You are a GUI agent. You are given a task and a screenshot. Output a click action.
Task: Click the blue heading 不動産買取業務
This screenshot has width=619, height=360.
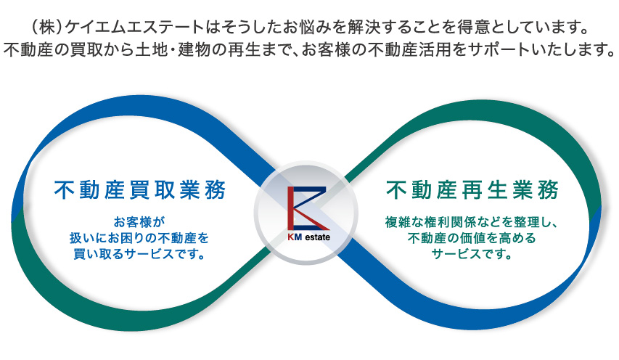[x=140, y=190]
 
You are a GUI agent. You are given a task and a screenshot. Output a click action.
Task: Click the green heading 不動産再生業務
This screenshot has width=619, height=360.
[x=472, y=190]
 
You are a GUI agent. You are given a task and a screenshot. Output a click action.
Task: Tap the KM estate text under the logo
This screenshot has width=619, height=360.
[x=308, y=237]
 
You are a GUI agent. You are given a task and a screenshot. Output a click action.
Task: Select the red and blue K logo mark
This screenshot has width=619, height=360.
[x=308, y=208]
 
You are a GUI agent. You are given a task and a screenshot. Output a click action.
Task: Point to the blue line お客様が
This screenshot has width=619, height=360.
[x=139, y=222]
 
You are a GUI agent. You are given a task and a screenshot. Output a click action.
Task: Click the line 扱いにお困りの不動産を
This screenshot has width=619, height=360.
[x=139, y=238]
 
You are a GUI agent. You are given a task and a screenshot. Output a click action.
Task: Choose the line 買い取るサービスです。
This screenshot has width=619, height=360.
[x=139, y=254]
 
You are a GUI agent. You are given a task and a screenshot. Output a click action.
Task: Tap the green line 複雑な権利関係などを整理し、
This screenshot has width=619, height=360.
[x=472, y=222]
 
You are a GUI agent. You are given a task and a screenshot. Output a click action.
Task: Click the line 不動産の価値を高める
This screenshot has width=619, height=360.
[x=472, y=238]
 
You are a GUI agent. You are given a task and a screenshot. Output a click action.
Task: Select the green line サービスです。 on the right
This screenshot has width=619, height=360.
[x=472, y=254]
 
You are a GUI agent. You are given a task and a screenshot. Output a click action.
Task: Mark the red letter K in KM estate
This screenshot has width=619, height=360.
[x=290, y=237]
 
